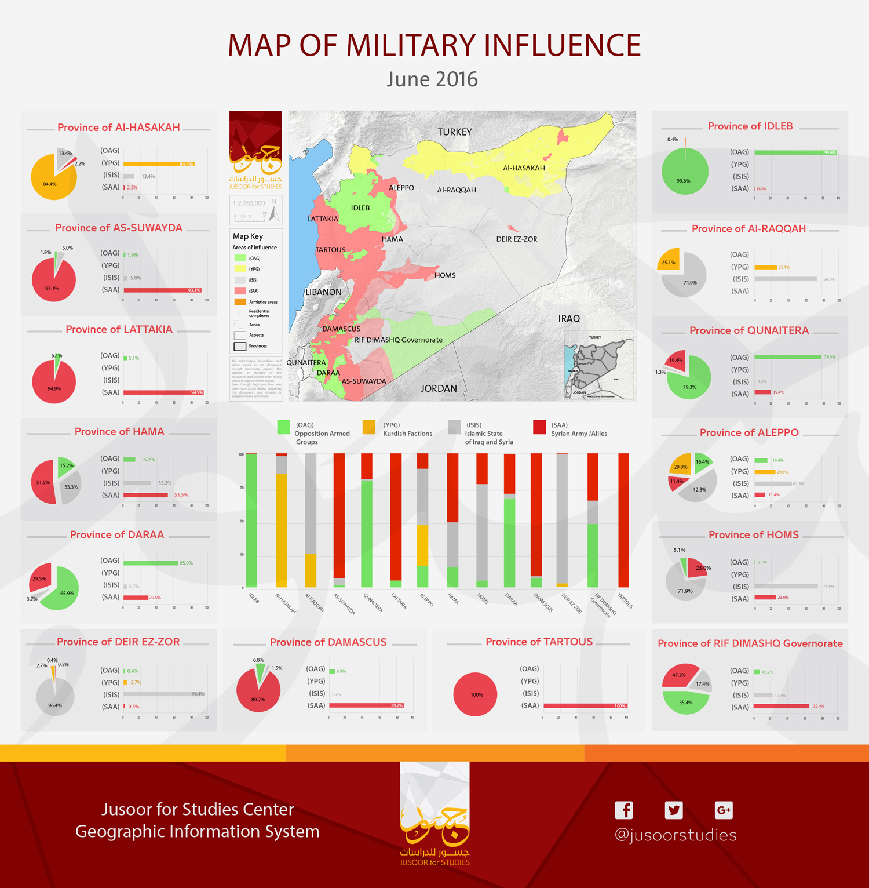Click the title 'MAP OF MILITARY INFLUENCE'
pyautogui.click(x=434, y=45)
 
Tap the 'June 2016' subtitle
pyautogui.click(x=432, y=79)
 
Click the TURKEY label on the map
pyautogui.click(x=455, y=132)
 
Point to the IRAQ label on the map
pyautogui.click(x=569, y=318)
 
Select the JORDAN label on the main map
pyautogui.click(x=439, y=388)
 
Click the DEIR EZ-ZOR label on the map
pyautogui.click(x=517, y=239)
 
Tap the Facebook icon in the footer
pyautogui.click(x=624, y=810)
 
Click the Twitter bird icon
pyautogui.click(x=674, y=810)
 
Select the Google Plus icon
pyautogui.click(x=724, y=810)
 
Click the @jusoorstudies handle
pyautogui.click(x=676, y=835)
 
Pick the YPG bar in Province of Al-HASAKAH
pyautogui.click(x=158, y=164)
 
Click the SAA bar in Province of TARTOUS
pyautogui.click(x=585, y=706)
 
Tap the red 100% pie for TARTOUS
pyautogui.click(x=476, y=694)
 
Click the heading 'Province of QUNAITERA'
pyautogui.click(x=748, y=330)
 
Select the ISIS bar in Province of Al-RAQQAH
pyautogui.click(x=786, y=279)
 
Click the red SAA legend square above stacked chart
pyautogui.click(x=539, y=427)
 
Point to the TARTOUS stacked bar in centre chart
pyautogui.click(x=624, y=520)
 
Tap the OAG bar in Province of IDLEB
pyautogui.click(x=795, y=152)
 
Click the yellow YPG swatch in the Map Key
pyautogui.click(x=240, y=269)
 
